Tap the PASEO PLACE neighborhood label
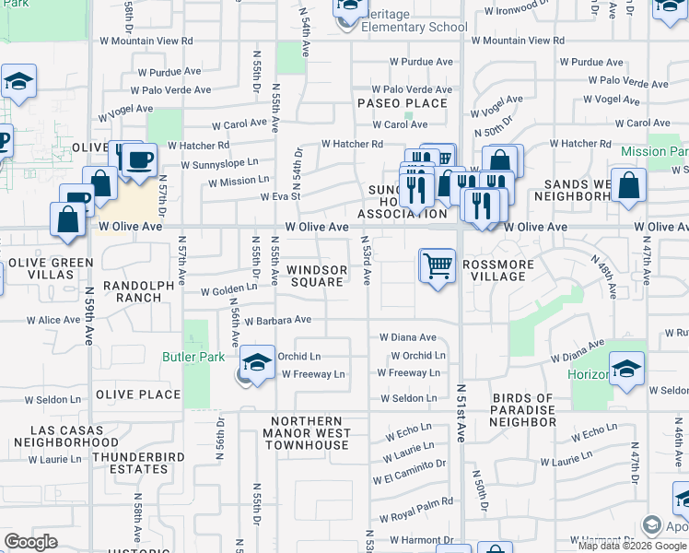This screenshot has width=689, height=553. click(x=403, y=102)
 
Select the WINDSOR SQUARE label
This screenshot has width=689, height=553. click(x=317, y=276)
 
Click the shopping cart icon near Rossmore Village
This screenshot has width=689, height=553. click(x=438, y=265)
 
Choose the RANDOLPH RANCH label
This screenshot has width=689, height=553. click(x=138, y=291)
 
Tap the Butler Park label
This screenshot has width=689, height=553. click(x=193, y=356)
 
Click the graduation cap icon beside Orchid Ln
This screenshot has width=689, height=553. click(x=258, y=362)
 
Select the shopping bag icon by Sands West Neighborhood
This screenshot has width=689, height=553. click(x=628, y=185)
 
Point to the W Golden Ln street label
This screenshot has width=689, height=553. click(x=229, y=290)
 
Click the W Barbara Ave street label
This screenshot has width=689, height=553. click(x=278, y=321)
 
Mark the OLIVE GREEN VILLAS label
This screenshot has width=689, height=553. click(x=51, y=268)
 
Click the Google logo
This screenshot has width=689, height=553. click(x=30, y=542)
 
